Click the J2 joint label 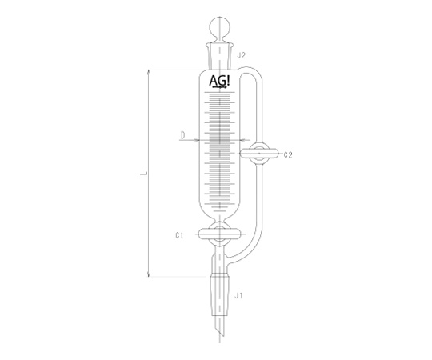tap(241, 56)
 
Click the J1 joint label tap(238, 296)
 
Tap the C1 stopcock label tap(179, 235)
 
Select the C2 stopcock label tap(288, 155)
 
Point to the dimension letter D tap(183, 135)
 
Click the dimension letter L tap(143, 174)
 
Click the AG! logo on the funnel tap(219, 82)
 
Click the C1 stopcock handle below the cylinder tap(219, 234)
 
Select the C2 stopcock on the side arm tap(259, 153)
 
